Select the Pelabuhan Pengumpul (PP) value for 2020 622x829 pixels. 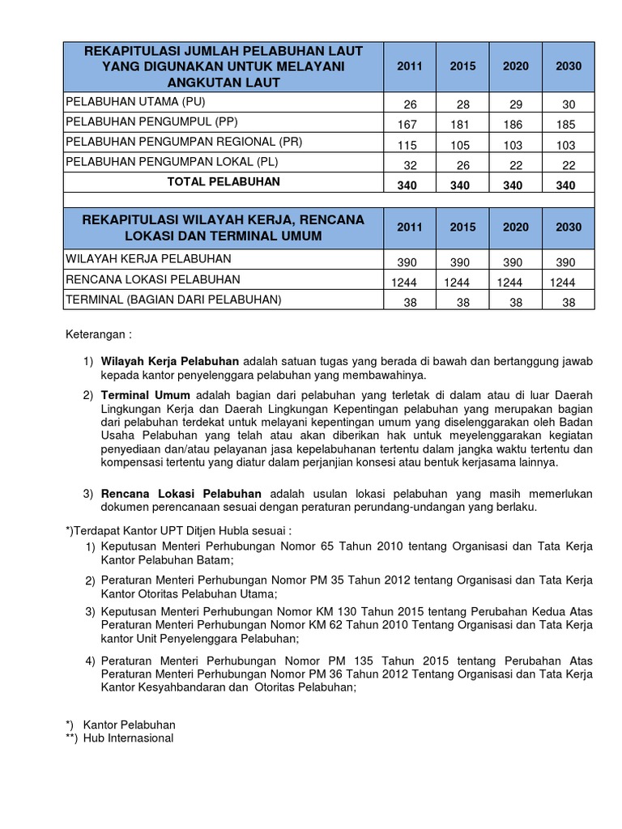pos(516,125)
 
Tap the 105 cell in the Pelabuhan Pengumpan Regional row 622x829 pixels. pos(463,146)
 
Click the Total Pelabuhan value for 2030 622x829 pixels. pos(569,185)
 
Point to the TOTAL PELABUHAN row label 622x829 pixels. pos(224,182)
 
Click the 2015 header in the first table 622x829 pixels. pos(463,66)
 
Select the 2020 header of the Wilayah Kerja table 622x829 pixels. pos(516,227)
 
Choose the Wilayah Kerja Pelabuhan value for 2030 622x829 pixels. pos(569,263)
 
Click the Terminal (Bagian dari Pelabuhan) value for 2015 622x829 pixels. pos(463,302)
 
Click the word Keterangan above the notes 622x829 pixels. pos(94,334)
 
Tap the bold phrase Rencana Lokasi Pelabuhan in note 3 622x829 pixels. pos(181,493)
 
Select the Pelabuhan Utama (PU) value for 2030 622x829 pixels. pos(569,105)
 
